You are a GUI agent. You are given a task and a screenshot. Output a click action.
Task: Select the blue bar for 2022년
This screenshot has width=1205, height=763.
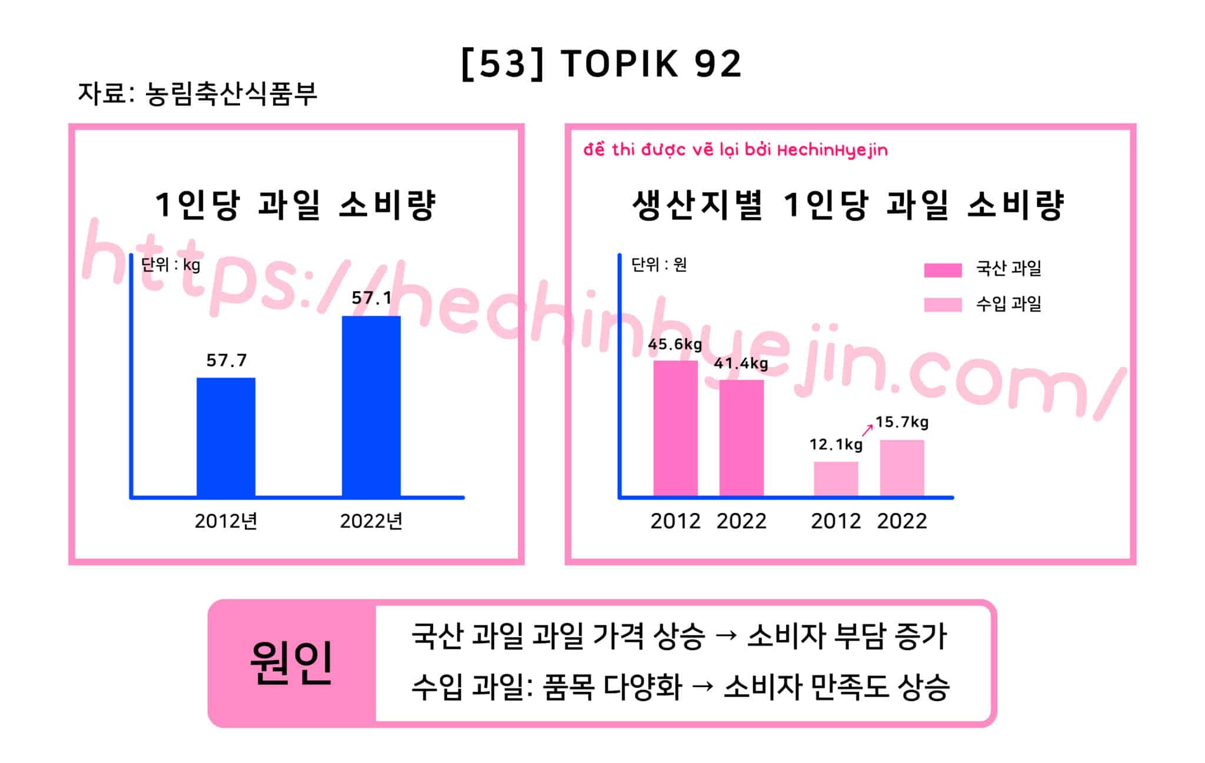371,407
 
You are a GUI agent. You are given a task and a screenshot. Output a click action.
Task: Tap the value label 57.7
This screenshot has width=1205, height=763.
227,360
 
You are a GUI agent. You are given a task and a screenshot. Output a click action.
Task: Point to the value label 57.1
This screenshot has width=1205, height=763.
371,298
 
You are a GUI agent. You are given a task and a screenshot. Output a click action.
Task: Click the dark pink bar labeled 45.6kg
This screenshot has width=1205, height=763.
675,428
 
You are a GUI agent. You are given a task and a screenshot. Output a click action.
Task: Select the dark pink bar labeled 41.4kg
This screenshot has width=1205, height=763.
741,438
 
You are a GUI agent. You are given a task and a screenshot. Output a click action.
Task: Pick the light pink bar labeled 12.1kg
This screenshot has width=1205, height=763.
836,479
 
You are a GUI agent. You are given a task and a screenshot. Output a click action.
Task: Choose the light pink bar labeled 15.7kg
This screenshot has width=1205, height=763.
902,468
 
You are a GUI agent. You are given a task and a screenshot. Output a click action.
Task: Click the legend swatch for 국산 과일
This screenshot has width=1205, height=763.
943,270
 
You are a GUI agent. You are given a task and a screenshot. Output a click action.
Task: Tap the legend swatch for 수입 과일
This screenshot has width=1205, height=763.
943,305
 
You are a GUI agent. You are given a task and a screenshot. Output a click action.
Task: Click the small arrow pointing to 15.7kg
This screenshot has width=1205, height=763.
867,430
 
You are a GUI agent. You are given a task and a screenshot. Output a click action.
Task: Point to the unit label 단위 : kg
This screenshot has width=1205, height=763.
171,265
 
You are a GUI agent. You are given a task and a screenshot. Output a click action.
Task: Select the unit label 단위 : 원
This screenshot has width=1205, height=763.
659,265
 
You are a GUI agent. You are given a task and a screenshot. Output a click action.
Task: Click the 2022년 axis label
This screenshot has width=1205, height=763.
371,521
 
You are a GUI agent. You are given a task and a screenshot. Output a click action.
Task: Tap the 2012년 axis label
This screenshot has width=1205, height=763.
226,521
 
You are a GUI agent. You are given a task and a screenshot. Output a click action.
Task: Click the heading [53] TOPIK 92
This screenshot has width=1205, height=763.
601,64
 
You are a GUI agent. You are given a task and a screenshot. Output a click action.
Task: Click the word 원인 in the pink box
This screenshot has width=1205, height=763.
292,663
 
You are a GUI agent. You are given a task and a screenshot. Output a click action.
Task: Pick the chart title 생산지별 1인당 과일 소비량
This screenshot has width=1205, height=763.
848,205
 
